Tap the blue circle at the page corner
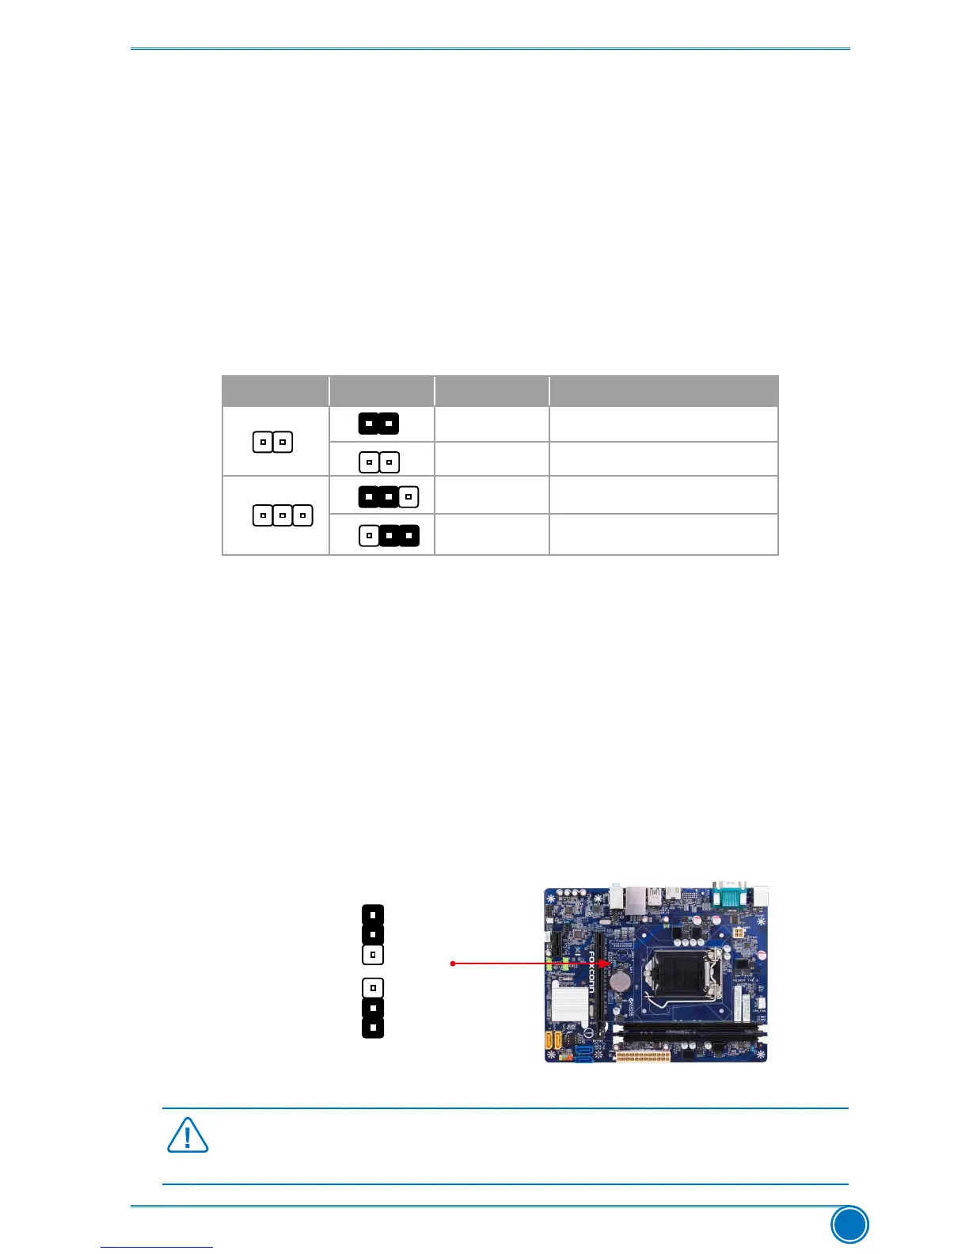click(x=849, y=1225)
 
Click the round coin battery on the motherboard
click(x=620, y=982)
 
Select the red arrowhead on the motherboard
click(x=605, y=963)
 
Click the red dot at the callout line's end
click(x=452, y=963)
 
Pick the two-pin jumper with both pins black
click(x=378, y=424)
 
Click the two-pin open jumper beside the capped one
click(x=379, y=462)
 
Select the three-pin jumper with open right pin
click(x=389, y=496)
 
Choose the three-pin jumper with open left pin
click(x=389, y=536)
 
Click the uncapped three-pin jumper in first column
click(x=283, y=515)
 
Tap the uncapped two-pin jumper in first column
click(x=272, y=442)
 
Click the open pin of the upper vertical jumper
click(x=373, y=955)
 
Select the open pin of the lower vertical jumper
click(x=373, y=988)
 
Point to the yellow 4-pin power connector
click(x=737, y=935)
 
